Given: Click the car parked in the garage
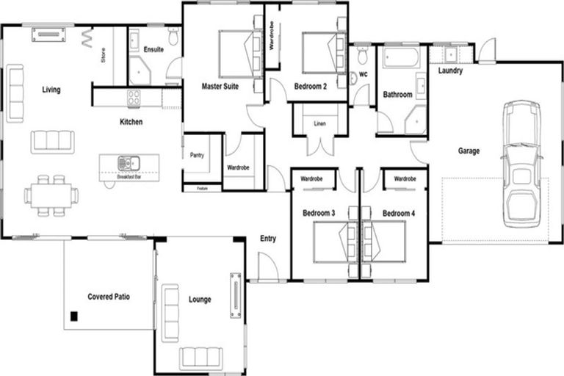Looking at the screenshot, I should click(522, 166).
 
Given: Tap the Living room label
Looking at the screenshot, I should click(51, 90).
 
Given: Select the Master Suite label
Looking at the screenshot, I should click(220, 87).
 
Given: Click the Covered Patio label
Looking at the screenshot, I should click(109, 297).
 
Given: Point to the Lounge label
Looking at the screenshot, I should click(200, 300).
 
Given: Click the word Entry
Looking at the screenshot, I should click(268, 239).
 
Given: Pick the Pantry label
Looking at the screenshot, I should click(197, 155).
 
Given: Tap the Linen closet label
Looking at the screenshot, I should click(319, 123).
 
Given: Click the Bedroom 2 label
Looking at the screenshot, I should click(310, 87).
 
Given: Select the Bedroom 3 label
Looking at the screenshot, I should click(319, 214).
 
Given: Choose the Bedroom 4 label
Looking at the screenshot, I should click(399, 214).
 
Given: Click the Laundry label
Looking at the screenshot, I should click(449, 71).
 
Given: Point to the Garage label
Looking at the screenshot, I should click(469, 151).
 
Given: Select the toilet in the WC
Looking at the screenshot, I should click(362, 56).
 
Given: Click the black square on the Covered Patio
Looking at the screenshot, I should click(73, 317).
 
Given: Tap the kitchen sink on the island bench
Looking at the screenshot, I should click(124, 162).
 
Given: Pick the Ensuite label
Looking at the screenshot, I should click(153, 50).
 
